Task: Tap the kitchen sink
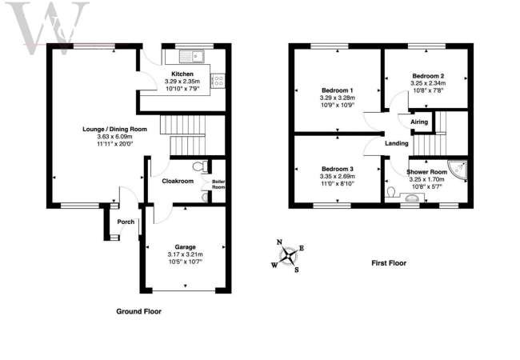[x=192, y=55]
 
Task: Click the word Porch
[x=126, y=222]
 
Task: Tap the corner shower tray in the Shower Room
[x=458, y=169]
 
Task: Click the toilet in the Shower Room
[x=390, y=192]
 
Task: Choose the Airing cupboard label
[x=419, y=122]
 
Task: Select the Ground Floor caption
[x=139, y=311]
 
